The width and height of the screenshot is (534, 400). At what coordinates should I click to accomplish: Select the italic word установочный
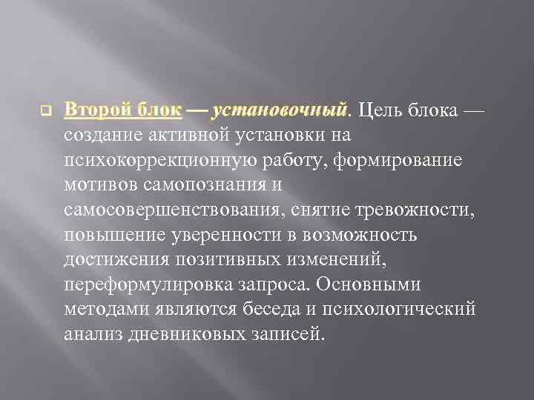[280, 112]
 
